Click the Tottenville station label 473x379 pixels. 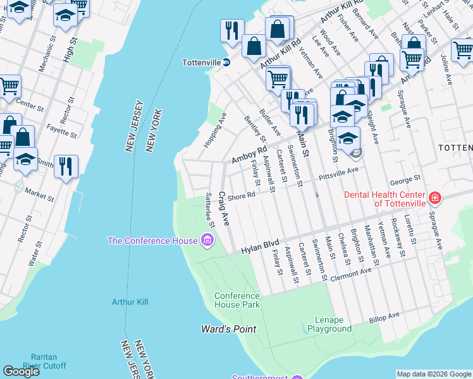200,63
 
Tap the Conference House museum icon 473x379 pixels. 207,240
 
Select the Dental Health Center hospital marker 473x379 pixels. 434,199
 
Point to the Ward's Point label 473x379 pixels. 228,329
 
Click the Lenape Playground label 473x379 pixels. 329,325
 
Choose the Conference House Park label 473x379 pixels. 237,300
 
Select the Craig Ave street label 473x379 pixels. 223,209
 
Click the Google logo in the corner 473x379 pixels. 21,371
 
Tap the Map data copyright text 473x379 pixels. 433,374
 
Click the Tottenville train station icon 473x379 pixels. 226,63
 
